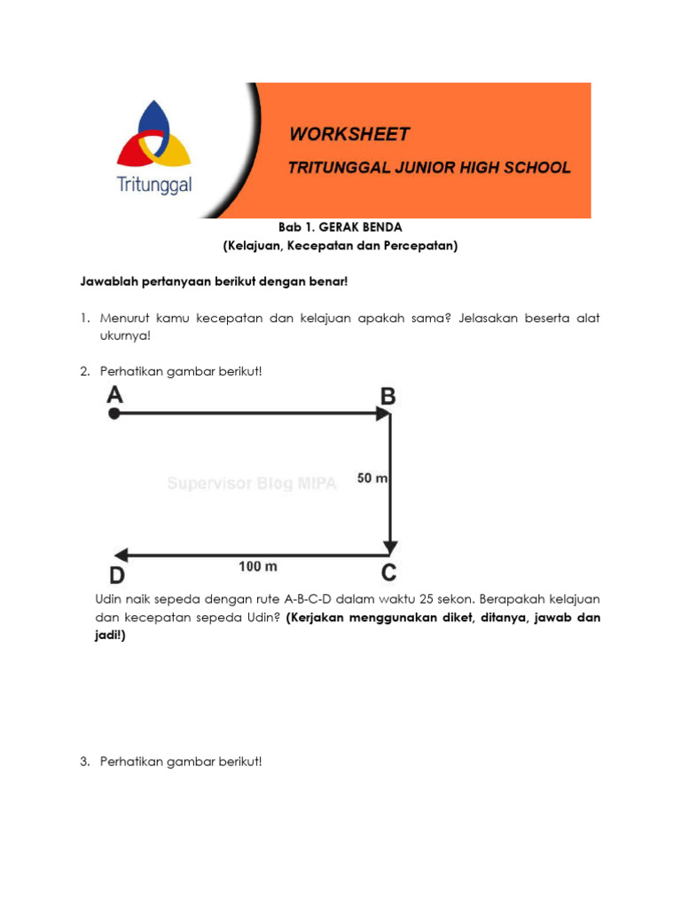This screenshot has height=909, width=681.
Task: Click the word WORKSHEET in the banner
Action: click(349, 135)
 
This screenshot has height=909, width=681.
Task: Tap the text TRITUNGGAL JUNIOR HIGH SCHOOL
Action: click(430, 167)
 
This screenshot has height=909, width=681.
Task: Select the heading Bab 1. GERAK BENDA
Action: click(340, 228)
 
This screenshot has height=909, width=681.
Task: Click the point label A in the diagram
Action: click(114, 394)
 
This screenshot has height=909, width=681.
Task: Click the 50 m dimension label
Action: click(372, 478)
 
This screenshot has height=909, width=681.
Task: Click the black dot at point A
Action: click(113, 414)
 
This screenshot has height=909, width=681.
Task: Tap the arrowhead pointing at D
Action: click(121, 556)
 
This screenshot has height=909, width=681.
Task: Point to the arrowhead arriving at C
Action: click(390, 546)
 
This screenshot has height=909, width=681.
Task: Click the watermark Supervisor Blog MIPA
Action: click(252, 484)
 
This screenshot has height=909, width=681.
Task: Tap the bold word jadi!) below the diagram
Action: click(111, 636)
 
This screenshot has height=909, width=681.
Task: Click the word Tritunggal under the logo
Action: click(154, 186)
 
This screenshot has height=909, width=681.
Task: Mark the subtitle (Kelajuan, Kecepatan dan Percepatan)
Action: click(340, 246)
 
